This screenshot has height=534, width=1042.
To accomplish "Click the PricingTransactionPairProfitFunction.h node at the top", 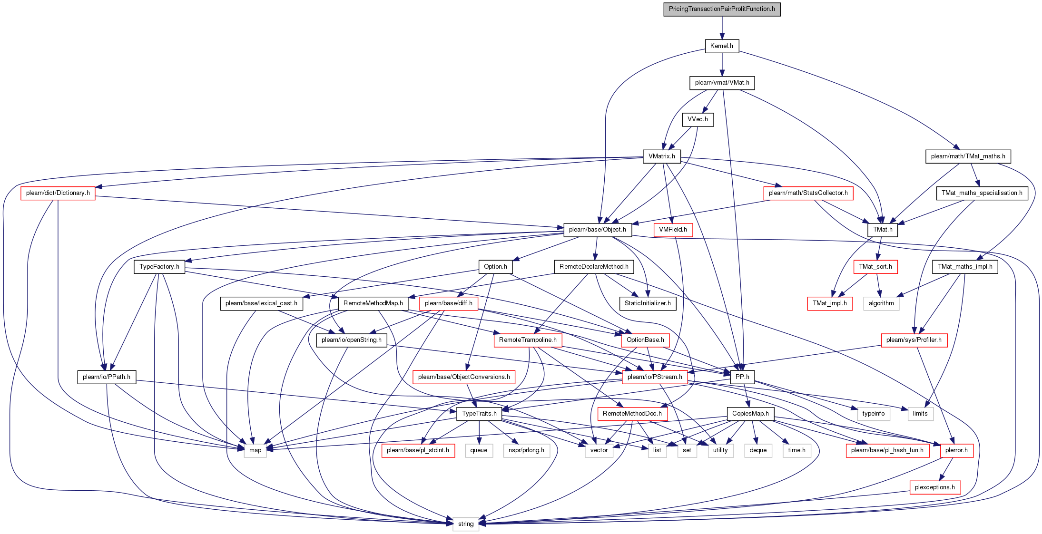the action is [x=722, y=9].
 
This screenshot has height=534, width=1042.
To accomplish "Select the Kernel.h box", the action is [x=722, y=46].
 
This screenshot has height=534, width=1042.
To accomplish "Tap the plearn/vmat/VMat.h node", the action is [x=722, y=83].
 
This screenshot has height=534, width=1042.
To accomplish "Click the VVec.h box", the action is [x=698, y=119].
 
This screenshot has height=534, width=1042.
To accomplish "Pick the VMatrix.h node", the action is [x=661, y=156].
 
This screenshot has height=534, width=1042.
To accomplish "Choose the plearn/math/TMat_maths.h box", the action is [x=968, y=156].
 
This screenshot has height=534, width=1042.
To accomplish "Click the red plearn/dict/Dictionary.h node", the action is [x=58, y=193].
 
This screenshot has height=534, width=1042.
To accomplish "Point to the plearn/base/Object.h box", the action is [x=598, y=230].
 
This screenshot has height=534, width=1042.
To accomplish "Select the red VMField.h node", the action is [x=673, y=230].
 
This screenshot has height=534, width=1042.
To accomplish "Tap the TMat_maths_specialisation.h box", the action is [x=982, y=193].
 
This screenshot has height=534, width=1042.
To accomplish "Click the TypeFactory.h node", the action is [x=159, y=267].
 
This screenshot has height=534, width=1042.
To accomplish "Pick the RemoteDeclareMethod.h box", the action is [x=594, y=267].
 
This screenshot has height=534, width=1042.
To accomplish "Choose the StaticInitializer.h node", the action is [x=648, y=303].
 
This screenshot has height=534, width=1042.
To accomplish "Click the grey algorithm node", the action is [x=881, y=303].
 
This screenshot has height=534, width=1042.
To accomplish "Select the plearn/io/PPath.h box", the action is [x=107, y=377].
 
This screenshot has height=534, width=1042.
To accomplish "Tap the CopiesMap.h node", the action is [x=750, y=414].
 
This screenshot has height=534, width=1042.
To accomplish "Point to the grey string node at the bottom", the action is [x=466, y=524].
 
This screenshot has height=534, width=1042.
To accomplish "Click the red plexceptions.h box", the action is [x=935, y=487].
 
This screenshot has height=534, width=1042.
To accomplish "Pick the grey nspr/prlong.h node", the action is [x=526, y=450].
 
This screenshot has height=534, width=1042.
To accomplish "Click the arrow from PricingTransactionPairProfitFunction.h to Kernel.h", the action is [x=722, y=28].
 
